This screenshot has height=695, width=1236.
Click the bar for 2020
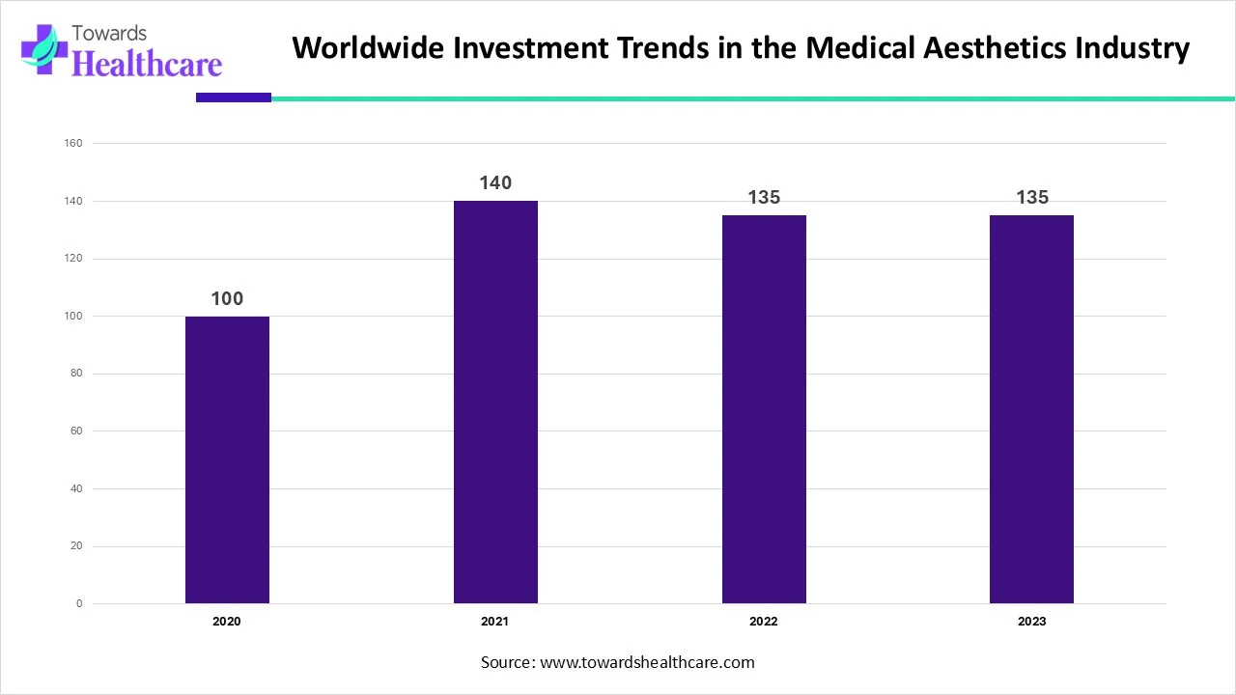(x=227, y=459)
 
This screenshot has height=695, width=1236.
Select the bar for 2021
(x=495, y=402)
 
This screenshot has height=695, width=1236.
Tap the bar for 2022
(x=764, y=409)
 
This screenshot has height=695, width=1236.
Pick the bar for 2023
(x=1031, y=409)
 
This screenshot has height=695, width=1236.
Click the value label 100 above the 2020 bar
(x=227, y=299)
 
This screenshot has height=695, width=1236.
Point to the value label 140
(x=495, y=183)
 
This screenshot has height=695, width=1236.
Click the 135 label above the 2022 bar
(x=764, y=198)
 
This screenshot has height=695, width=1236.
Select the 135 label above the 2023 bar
(x=1031, y=198)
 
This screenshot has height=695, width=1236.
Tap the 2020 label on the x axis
(x=227, y=622)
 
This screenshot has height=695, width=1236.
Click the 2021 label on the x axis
(x=495, y=622)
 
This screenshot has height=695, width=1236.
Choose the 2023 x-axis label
(x=1031, y=622)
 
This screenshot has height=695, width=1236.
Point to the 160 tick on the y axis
(x=73, y=144)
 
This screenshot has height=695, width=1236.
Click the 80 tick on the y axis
(x=76, y=374)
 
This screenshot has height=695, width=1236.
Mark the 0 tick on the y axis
(x=79, y=604)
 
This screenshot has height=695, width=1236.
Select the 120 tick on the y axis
(x=73, y=259)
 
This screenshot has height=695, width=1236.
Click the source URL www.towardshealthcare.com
(x=647, y=662)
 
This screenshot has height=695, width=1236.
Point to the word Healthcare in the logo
(x=147, y=64)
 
